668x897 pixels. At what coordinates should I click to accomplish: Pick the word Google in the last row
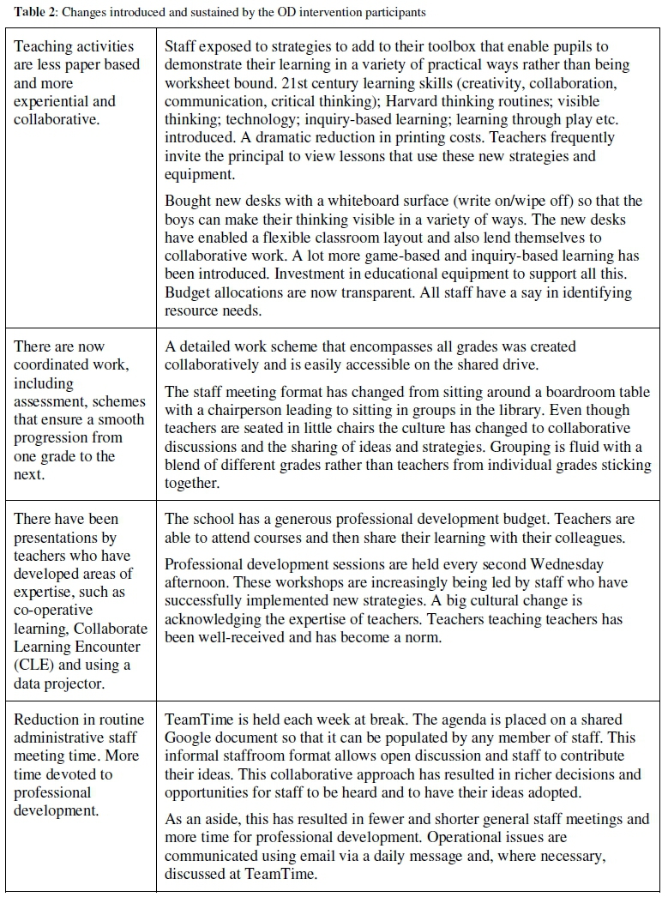pos(190,737)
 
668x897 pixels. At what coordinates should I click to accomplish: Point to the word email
pos(352,855)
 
